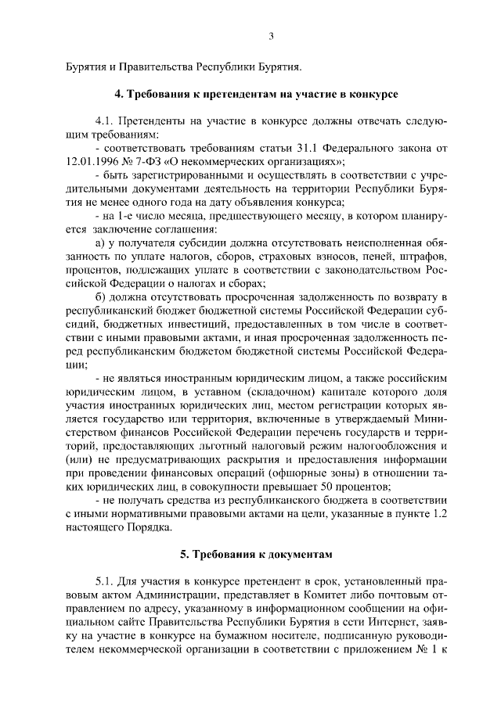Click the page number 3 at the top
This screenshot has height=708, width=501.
[270, 36]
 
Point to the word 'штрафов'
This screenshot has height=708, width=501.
[426, 255]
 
